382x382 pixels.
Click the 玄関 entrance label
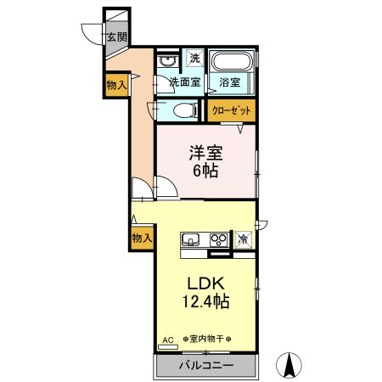116,37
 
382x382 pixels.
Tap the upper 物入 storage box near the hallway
116,84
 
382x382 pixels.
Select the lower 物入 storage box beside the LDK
142,239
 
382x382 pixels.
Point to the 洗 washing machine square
194,59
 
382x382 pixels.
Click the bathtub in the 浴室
231,62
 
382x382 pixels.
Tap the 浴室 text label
230,82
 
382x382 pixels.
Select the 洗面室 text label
184,82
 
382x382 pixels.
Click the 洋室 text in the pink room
205,153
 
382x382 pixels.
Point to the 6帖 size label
205,171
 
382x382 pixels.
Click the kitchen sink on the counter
190,239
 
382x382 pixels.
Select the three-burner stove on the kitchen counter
218,239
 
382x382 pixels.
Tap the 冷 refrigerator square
244,239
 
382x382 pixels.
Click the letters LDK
205,283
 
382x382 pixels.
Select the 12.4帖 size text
205,301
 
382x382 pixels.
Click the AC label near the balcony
166,340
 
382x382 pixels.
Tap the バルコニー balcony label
205,367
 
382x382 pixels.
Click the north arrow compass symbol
289,366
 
